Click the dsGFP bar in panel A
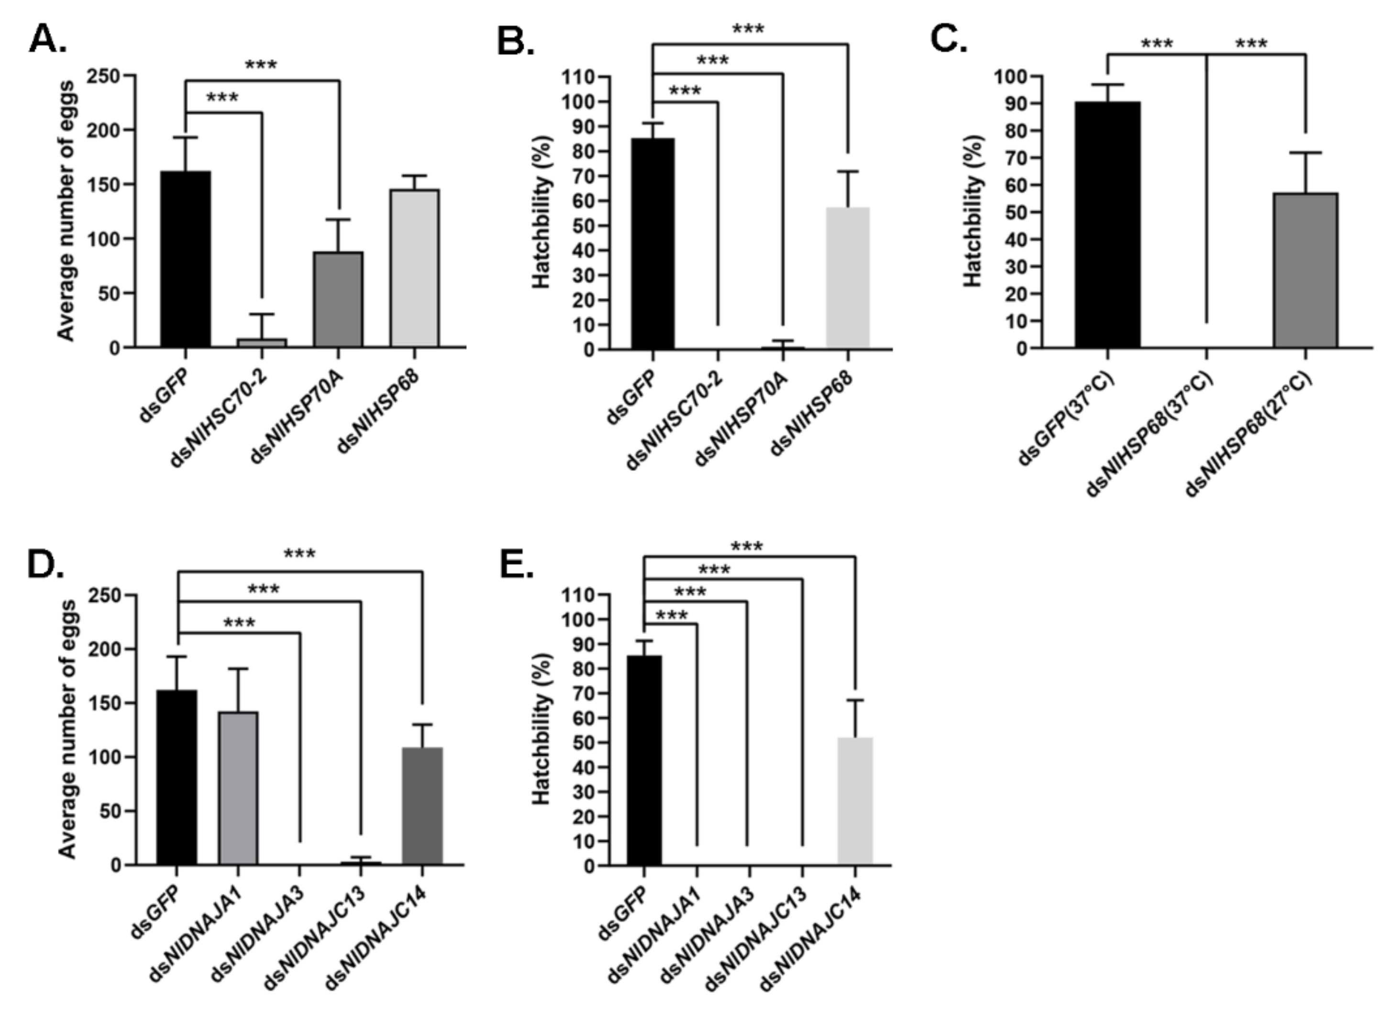186,259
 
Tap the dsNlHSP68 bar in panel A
415,268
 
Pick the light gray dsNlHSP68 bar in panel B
848,278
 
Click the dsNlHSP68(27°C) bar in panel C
1305,270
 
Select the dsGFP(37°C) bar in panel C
1107,225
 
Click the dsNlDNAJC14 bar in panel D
422,806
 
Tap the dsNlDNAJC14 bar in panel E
855,801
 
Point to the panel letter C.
948,39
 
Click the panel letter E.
516,565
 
